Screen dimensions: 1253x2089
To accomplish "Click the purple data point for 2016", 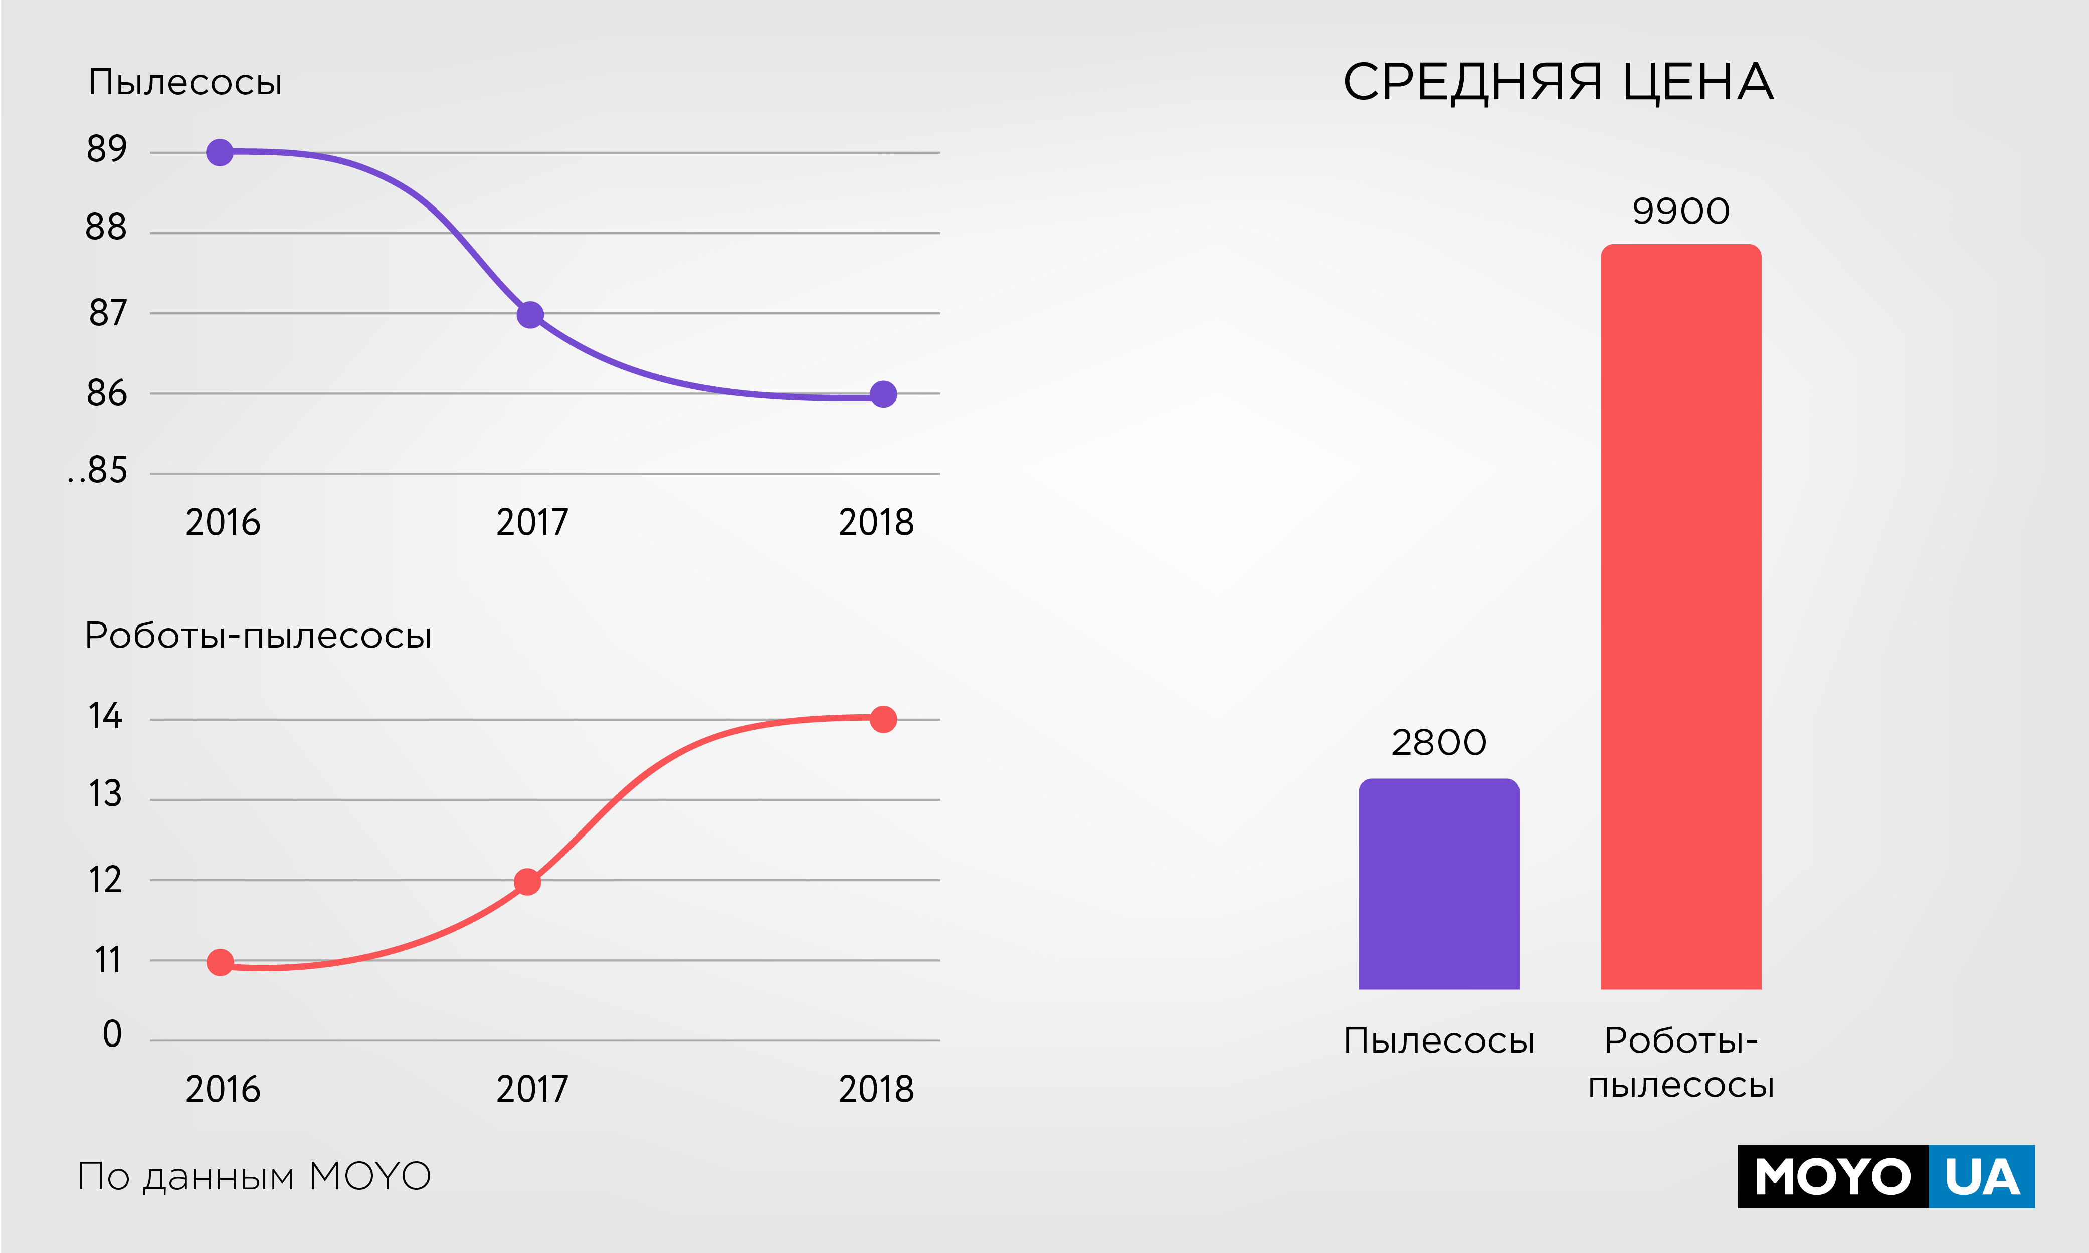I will (220, 153).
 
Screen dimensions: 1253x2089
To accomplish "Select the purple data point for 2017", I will (529, 315).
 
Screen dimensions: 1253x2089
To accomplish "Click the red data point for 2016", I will (220, 962).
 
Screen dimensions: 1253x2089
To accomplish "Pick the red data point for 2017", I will (527, 882).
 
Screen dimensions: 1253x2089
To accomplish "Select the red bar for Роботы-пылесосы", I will (1680, 616).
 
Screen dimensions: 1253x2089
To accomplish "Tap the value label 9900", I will (1680, 211).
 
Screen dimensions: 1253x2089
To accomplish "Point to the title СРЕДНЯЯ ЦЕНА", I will (1558, 83).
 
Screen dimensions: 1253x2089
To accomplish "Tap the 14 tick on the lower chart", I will (106, 717).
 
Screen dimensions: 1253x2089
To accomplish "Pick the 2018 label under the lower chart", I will (876, 1089).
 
